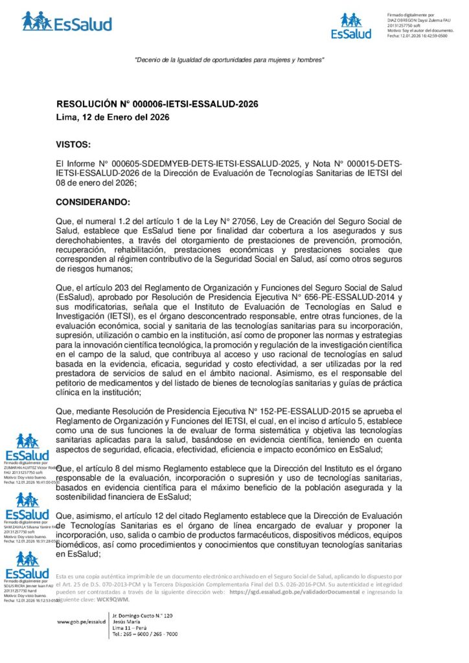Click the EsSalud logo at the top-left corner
click(67, 22)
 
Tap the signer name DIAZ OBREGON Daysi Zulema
click(415, 20)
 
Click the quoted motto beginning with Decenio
click(229, 60)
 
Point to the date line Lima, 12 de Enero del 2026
click(113, 117)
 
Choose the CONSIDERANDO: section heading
click(93, 202)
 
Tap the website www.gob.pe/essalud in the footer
click(81, 622)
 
